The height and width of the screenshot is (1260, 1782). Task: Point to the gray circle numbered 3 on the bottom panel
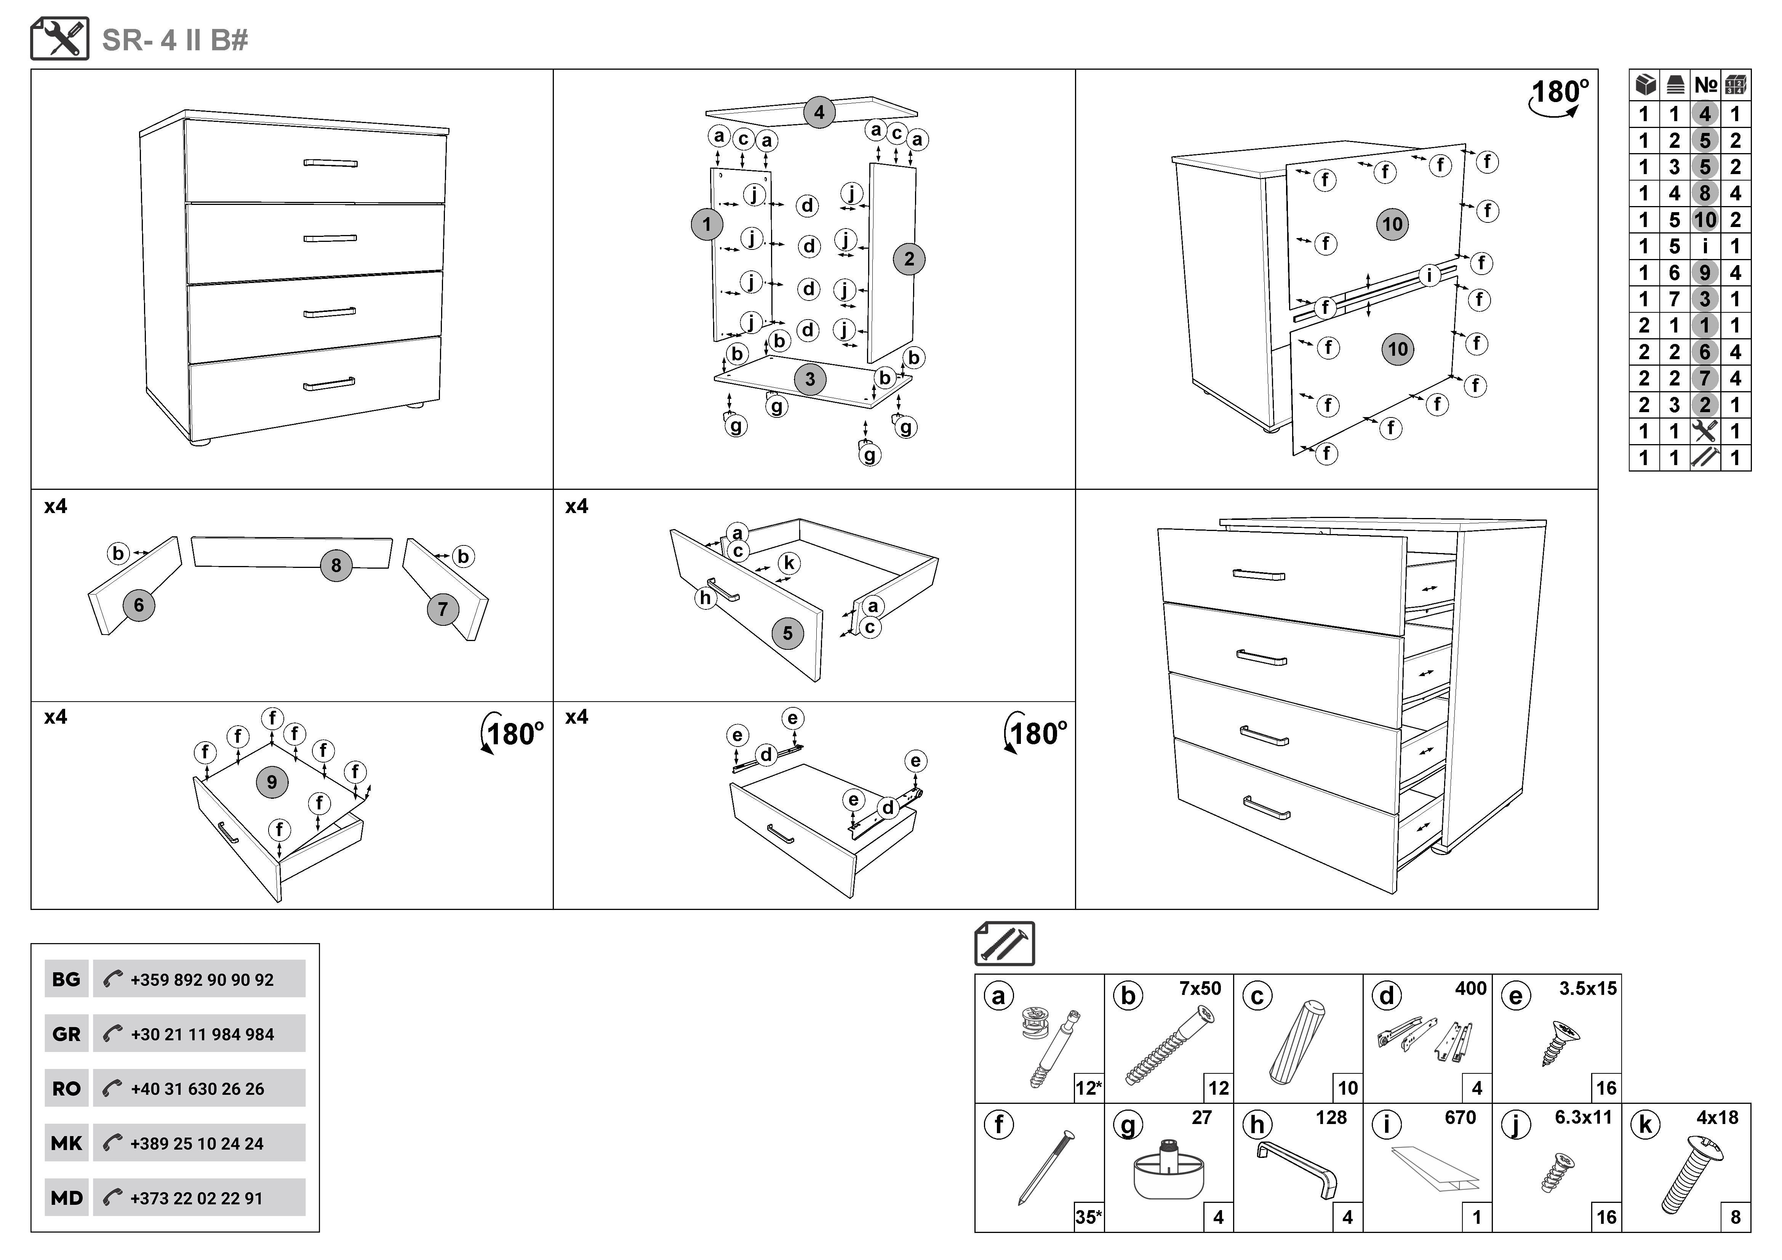(809, 379)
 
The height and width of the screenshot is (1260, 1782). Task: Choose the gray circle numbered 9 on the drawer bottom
(272, 782)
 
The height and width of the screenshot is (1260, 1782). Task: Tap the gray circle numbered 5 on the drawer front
(787, 633)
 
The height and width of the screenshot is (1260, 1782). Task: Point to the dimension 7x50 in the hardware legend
(1200, 988)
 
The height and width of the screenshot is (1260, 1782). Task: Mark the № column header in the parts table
(1705, 85)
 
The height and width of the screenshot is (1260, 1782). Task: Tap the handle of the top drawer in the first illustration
(331, 164)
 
